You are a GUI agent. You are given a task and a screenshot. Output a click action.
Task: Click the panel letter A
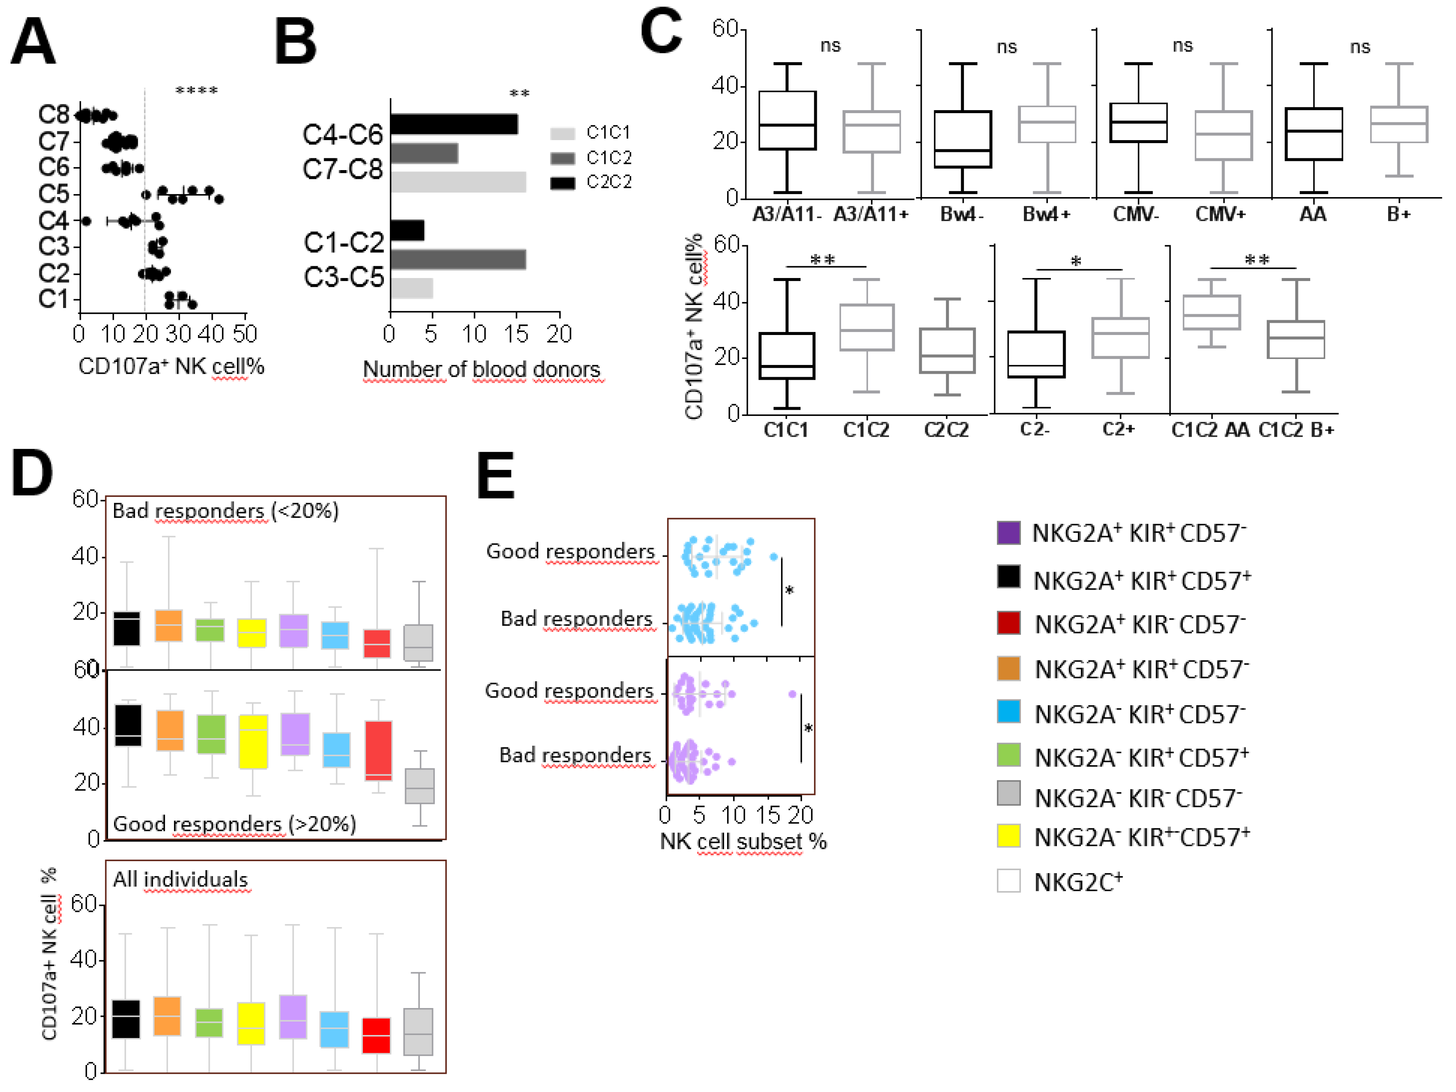coord(33,41)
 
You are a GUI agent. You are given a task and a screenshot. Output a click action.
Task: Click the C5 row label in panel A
coord(54,194)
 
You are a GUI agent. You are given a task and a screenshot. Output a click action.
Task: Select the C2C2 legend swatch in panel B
coord(562,182)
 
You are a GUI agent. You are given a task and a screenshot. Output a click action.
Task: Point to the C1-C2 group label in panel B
coord(344,243)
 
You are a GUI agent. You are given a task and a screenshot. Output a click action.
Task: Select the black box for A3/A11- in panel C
coord(787,121)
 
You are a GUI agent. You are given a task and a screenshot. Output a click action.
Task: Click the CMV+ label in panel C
coord(1220,214)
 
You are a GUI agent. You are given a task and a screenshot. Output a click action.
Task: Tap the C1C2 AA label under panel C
coord(1210,430)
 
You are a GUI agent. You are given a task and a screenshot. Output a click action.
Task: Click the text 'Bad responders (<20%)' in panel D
coord(225,511)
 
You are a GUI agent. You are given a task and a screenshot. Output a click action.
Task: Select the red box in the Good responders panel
coord(379,750)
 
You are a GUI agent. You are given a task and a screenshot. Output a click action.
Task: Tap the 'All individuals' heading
coord(180,879)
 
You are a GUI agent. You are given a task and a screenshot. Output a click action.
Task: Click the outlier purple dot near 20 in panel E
coord(792,694)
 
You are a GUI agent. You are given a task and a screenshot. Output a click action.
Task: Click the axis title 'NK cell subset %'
coord(743,841)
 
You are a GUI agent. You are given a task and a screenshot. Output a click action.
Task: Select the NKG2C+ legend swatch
coord(1008,881)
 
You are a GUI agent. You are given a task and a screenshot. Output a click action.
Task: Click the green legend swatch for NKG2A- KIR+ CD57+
coord(1008,755)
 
